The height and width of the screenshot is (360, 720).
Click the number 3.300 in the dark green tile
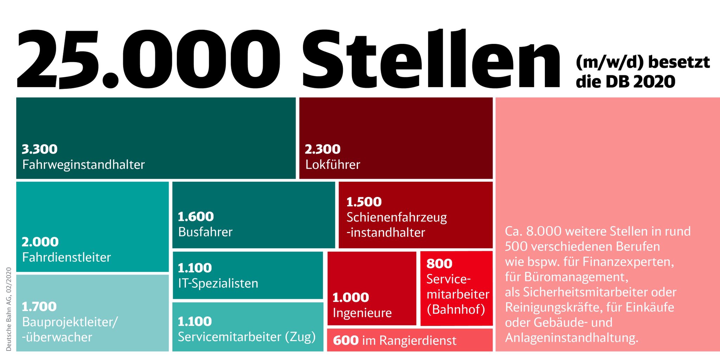[39, 149]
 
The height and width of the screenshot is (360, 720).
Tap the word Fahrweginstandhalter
[83, 165]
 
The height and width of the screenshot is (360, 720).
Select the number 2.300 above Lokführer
[322, 149]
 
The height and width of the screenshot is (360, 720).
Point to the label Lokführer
[333, 165]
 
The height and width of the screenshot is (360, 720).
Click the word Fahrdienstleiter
[66, 257]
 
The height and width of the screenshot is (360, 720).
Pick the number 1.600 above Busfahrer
[195, 217]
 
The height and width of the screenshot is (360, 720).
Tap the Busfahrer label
[205, 232]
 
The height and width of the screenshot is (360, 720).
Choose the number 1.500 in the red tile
[364, 202]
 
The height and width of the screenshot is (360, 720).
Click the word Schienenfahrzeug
[397, 217]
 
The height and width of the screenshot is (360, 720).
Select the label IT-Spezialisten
[218, 283]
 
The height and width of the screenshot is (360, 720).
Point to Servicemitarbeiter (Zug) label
[246, 337]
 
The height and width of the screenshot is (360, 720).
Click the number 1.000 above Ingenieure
[351, 297]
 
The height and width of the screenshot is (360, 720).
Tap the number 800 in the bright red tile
[439, 264]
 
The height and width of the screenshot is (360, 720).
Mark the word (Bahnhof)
[456, 309]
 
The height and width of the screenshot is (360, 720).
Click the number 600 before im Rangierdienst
[345, 340]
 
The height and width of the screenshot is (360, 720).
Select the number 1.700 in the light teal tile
[39, 307]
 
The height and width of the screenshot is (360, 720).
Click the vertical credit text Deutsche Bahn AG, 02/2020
[9, 309]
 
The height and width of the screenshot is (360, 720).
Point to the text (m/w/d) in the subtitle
[609, 62]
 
